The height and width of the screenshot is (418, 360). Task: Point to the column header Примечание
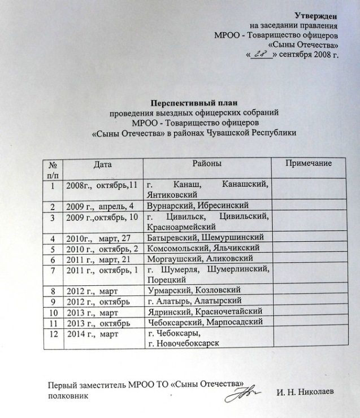point(308,164)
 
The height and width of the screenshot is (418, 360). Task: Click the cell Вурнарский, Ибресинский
point(197,206)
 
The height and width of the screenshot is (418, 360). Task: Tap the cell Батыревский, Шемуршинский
point(205,238)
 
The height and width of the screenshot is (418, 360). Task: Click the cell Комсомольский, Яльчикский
point(202,249)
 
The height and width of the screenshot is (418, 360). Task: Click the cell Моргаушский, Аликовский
point(196,259)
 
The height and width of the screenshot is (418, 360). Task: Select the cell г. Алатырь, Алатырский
point(194,301)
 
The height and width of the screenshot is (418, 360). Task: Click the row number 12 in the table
point(54,333)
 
